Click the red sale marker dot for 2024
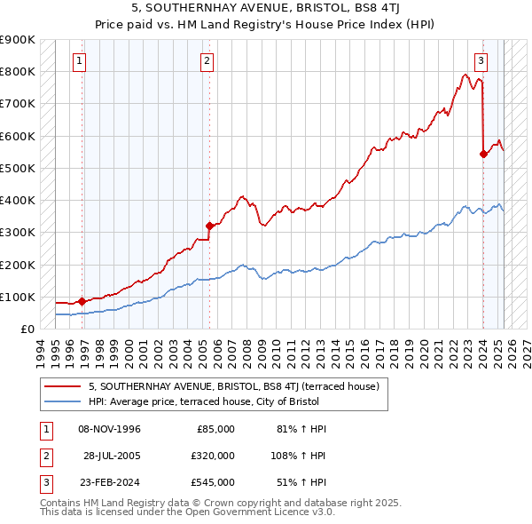[x=483, y=154]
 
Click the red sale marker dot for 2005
[x=209, y=226]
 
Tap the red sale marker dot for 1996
[x=82, y=301]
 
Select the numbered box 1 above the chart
[x=81, y=61]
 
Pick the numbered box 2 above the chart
[x=207, y=61]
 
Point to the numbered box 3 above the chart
[x=481, y=61]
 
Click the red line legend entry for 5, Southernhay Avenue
[x=234, y=386]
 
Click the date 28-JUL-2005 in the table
[x=113, y=456]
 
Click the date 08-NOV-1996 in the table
[x=109, y=429]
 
